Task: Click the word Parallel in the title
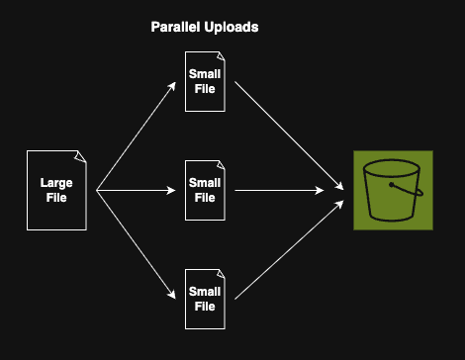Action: pyautogui.click(x=174, y=28)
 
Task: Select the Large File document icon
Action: pyautogui.click(x=56, y=190)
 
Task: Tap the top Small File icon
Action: pyautogui.click(x=205, y=81)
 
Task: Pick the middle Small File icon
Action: pyautogui.click(x=205, y=190)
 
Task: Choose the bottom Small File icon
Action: pyautogui.click(x=205, y=299)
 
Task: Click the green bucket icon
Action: pyautogui.click(x=393, y=190)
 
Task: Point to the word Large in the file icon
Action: pyautogui.click(x=56, y=183)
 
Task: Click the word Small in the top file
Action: pyautogui.click(x=205, y=73)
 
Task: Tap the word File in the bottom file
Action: pyautogui.click(x=205, y=307)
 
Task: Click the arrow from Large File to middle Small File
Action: pyautogui.click(x=134, y=190)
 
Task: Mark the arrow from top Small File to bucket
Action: pyautogui.click(x=287, y=134)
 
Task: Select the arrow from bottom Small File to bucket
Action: pyautogui.click(x=287, y=246)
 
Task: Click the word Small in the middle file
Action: pyautogui.click(x=205, y=183)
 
